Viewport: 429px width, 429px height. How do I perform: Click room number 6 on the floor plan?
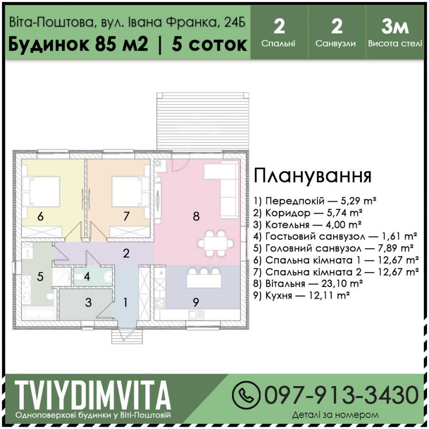pos(41,217)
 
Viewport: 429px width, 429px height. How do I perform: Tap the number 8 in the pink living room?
pos(196,216)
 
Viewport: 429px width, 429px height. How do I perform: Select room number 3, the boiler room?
pos(88,303)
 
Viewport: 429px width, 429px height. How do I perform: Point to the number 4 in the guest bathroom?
pos(87,276)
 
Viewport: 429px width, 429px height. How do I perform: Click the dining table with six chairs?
pos(216,244)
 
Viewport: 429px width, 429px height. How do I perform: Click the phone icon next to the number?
pos(245,395)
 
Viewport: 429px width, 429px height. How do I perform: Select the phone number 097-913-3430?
pos(341,395)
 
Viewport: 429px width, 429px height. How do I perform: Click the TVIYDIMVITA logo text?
pos(93,396)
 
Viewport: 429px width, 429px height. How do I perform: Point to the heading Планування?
pos(313,176)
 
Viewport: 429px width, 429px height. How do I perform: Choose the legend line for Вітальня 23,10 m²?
pos(308,284)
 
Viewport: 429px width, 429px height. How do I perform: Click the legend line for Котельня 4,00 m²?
pos(307,225)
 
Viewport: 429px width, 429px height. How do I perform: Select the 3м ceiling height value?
pos(395,27)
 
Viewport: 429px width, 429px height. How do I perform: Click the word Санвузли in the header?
pos(336,44)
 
